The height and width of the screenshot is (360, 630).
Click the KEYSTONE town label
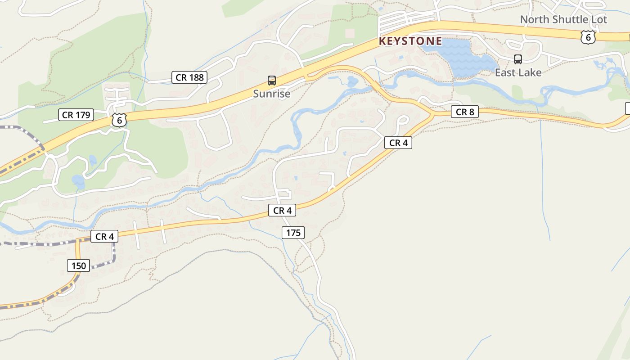[x=410, y=41]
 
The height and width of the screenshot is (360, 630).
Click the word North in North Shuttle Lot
[x=535, y=20]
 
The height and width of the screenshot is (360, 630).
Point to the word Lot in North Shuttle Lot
[x=599, y=20]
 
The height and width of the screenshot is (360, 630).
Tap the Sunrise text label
[x=271, y=94]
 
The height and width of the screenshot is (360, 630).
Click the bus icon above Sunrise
[x=272, y=81]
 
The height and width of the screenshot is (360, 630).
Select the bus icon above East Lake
[x=518, y=59]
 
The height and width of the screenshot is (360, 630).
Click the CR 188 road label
[x=189, y=77]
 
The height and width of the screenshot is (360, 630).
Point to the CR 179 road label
[x=76, y=115]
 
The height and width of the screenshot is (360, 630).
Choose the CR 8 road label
[x=465, y=112]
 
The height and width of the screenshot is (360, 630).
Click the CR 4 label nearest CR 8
[x=398, y=143]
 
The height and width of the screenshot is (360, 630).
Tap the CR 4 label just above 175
[x=282, y=210]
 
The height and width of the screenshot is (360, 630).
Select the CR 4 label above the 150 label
[x=104, y=236]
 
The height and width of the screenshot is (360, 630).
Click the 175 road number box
[x=293, y=233]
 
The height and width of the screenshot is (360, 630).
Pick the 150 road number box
[x=78, y=265]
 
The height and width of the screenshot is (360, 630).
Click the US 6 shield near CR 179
[x=119, y=120]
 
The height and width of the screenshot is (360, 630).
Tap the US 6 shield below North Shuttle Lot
[x=588, y=37]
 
